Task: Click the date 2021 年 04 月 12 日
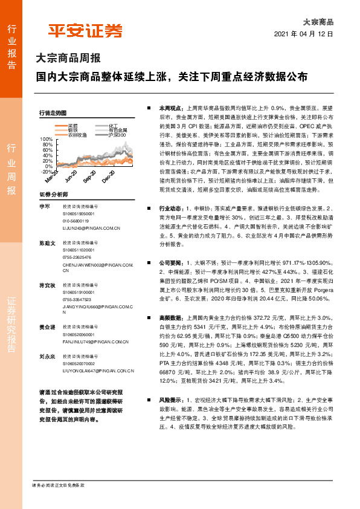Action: coord(304,34)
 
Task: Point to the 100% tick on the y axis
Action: coord(46,138)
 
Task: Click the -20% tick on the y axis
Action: coord(45,172)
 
